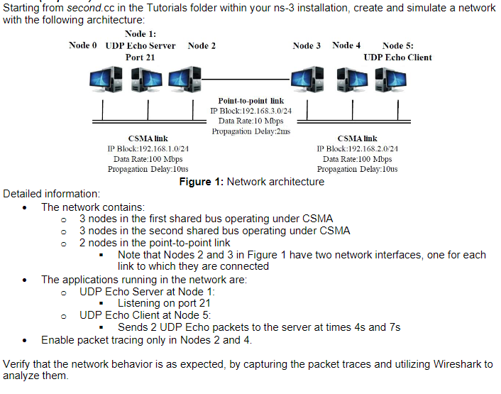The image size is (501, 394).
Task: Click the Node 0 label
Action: pos(83,45)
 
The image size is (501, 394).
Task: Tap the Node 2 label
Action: pos(202,45)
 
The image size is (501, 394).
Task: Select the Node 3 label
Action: pos(307,45)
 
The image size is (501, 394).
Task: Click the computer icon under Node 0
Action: pos(104,80)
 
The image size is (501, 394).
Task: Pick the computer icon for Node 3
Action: pos(307,80)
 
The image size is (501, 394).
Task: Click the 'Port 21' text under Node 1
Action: pos(141,57)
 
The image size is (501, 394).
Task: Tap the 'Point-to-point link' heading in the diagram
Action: pos(251,102)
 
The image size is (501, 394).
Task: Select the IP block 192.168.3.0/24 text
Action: pos(251,111)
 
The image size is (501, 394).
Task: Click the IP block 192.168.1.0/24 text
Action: pos(148,148)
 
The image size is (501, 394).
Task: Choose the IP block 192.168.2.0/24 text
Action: pos(357,148)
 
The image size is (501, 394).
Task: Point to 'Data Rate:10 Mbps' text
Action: pos(251,121)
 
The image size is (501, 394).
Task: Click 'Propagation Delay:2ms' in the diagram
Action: pos(251,131)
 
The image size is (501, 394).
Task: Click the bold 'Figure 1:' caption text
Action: pos(201,182)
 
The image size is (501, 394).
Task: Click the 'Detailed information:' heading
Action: pos(52,194)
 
